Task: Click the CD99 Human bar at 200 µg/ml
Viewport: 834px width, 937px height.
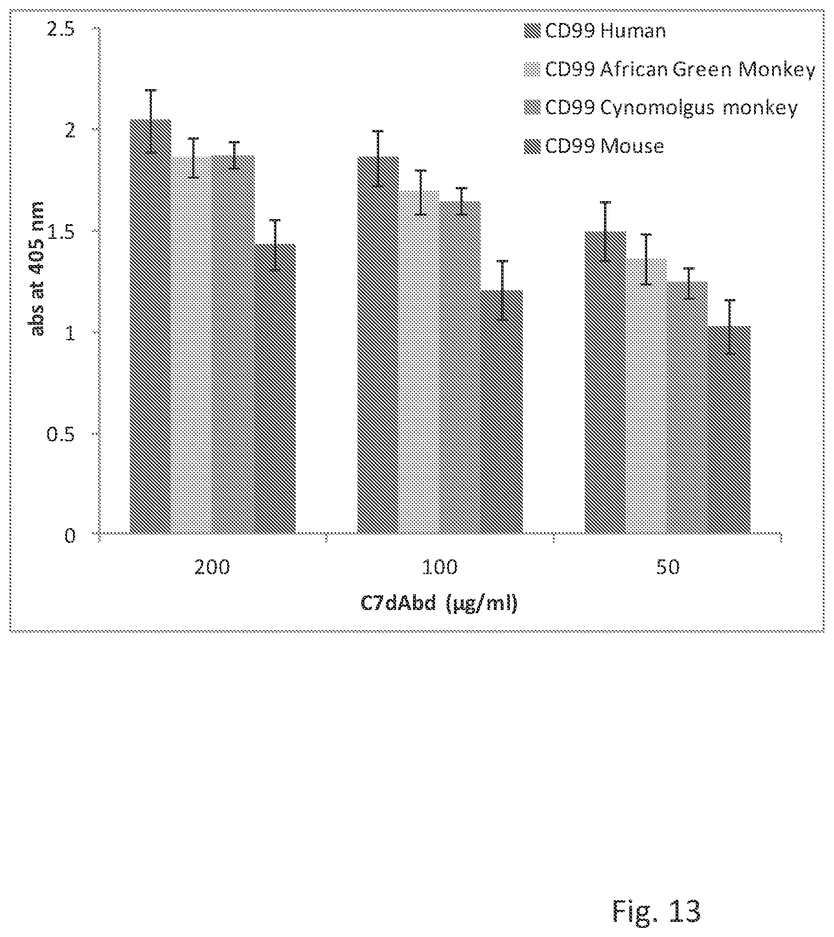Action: tap(151, 327)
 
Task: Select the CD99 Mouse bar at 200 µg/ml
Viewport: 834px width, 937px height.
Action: tap(275, 389)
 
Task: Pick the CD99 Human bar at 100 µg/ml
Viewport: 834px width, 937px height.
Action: tap(378, 345)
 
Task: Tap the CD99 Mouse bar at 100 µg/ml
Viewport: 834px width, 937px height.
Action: tap(502, 412)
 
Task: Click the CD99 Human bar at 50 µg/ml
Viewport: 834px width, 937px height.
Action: tap(605, 383)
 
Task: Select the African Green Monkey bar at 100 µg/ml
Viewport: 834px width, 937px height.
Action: tap(420, 362)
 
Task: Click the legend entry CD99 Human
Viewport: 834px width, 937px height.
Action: tap(595, 31)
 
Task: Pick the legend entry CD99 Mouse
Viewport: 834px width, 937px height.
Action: tap(594, 147)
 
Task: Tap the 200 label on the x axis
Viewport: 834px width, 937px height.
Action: tap(212, 568)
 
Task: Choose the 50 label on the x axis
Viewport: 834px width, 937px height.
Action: tap(668, 568)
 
